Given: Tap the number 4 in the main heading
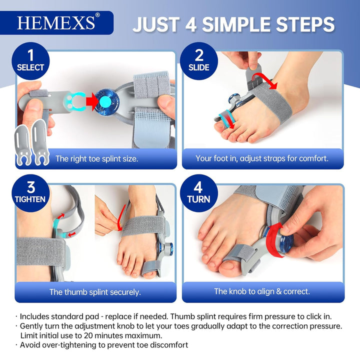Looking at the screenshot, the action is [191, 24].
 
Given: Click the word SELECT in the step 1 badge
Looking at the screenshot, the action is [30, 67].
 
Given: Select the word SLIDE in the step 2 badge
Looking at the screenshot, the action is [199, 67].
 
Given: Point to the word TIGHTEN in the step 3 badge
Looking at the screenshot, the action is [30, 199].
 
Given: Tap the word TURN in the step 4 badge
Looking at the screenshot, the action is [198, 199].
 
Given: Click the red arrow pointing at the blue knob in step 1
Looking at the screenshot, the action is [91, 101].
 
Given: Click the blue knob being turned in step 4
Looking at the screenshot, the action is [286, 243].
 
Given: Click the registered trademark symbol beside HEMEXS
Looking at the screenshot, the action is [97, 15].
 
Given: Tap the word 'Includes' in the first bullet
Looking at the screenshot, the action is [34, 316].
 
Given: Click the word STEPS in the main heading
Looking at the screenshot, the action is [305, 24].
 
